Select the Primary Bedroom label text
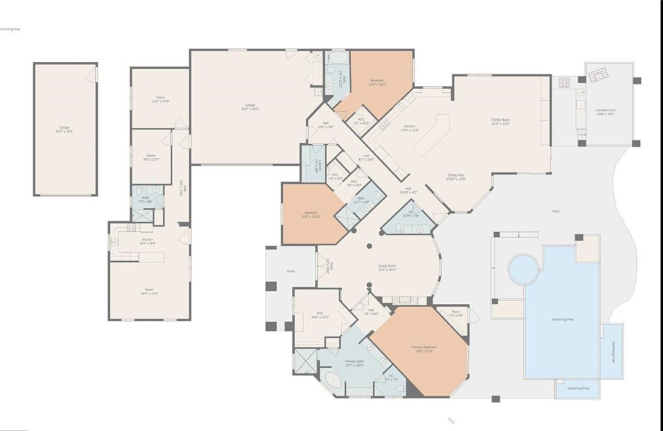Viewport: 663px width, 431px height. (424, 349)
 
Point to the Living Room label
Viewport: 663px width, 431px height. (387, 267)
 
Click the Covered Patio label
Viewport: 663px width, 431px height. (605, 112)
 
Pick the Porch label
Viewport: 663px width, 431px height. (291, 272)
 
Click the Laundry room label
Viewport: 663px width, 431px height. (319, 164)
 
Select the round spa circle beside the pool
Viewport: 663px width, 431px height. (522, 269)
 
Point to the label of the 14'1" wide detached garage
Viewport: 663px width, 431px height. (64, 129)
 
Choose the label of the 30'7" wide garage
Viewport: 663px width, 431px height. (250, 107)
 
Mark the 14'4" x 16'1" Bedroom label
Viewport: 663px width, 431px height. (378, 82)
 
